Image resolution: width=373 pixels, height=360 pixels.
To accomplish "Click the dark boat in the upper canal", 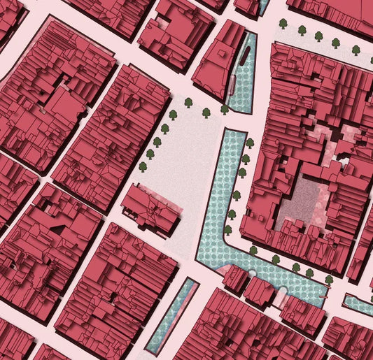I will click(x=244, y=59).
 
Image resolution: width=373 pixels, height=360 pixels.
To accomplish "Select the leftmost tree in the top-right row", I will click(x=283, y=24).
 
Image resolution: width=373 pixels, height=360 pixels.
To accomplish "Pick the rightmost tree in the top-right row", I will click(x=356, y=50).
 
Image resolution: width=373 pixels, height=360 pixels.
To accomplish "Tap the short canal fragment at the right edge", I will click(x=358, y=305).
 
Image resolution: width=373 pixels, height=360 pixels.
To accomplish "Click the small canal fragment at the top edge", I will click(x=264, y=6).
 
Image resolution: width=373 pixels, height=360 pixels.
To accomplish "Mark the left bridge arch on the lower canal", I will click(x=260, y=280).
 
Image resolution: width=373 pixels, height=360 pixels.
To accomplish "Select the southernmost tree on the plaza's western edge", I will click(x=143, y=166).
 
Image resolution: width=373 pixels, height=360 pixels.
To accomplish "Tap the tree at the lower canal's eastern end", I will click(x=328, y=280).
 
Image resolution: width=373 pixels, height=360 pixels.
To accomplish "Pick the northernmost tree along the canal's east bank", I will click(x=249, y=143).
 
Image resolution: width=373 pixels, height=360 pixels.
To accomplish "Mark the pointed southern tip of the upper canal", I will click(x=240, y=109).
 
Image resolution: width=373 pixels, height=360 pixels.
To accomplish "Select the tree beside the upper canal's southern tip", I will click(x=225, y=109).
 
